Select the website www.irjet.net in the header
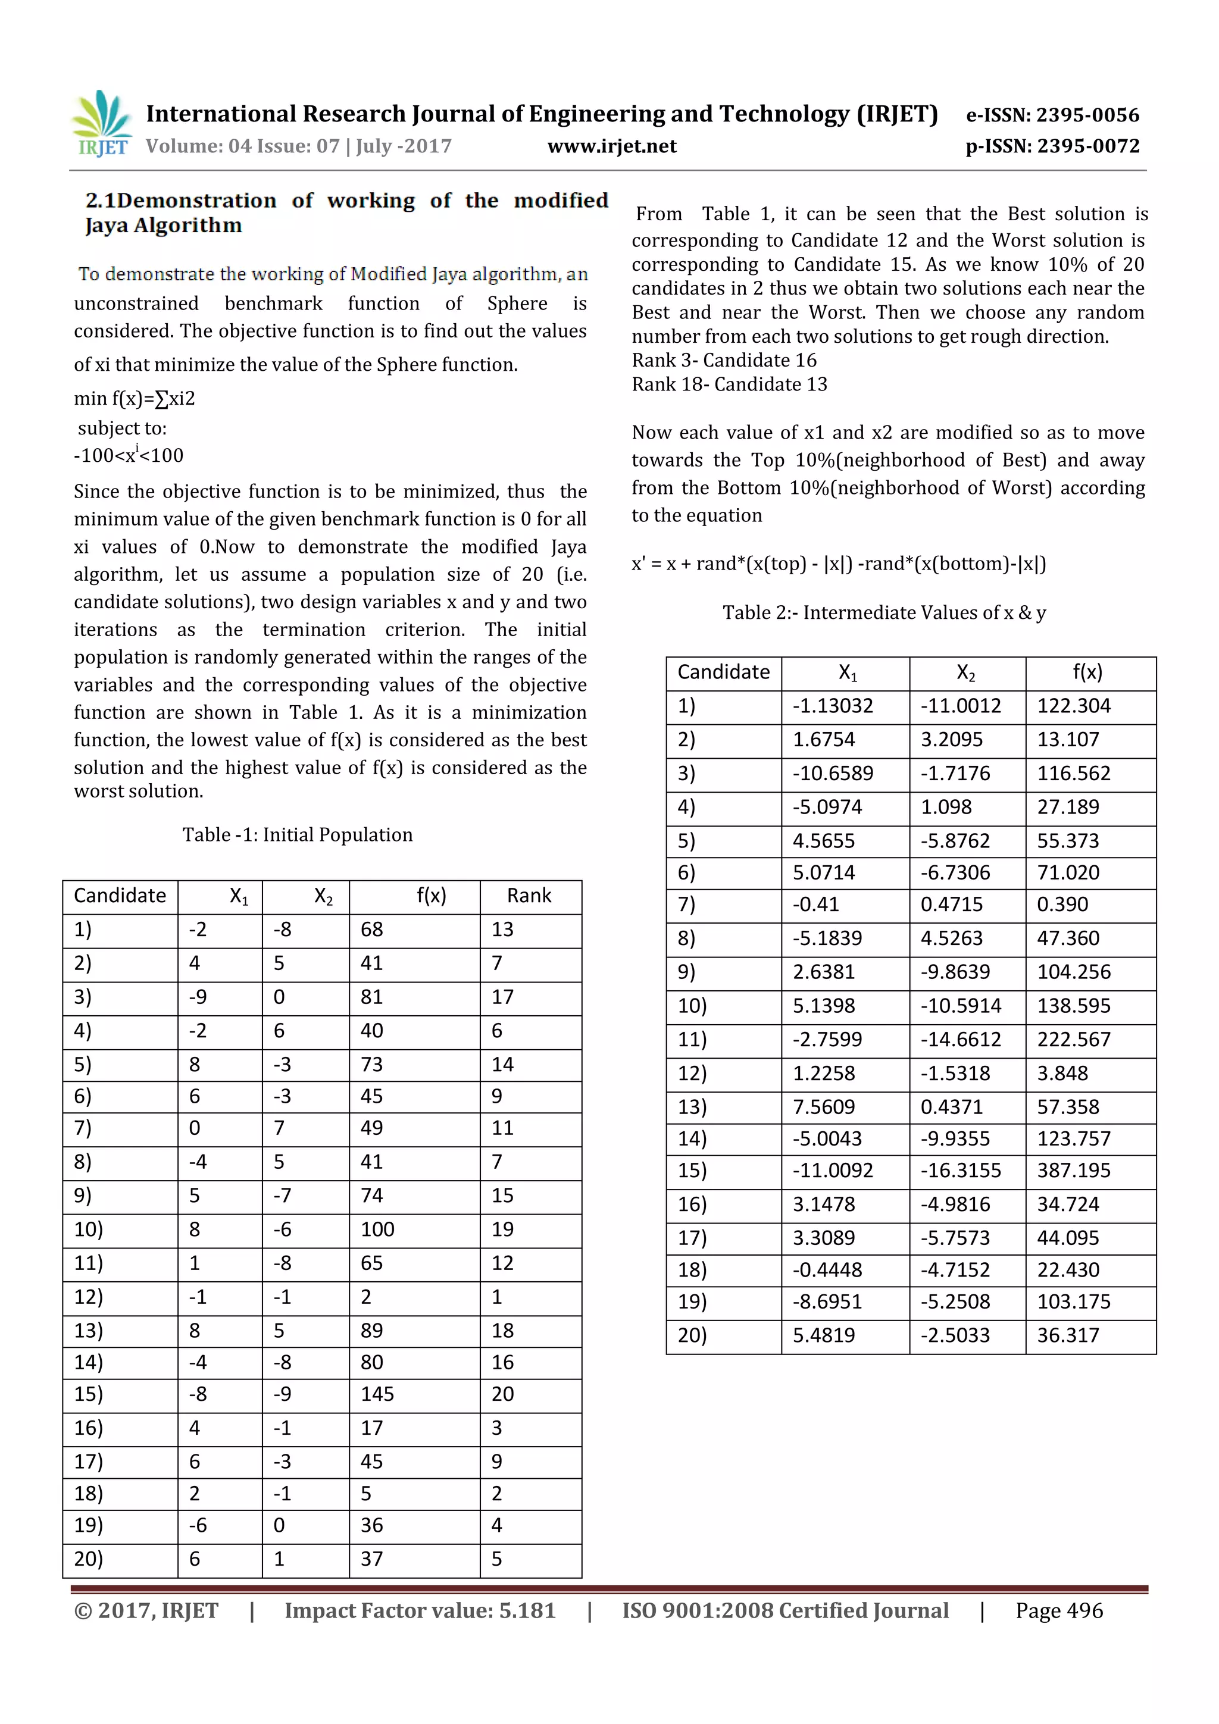pyautogui.click(x=611, y=146)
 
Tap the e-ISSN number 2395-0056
pyautogui.click(x=1087, y=115)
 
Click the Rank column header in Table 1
pyautogui.click(x=529, y=895)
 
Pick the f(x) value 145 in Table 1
pyautogui.click(x=377, y=1394)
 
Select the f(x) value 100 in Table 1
pyautogui.click(x=377, y=1229)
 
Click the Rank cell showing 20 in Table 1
pyautogui.click(x=502, y=1394)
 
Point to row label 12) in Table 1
pyautogui.click(x=89, y=1297)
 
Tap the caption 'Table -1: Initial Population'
pyautogui.click(x=298, y=835)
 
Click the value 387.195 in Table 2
pyautogui.click(x=1073, y=1171)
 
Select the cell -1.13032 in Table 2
pyautogui.click(x=833, y=706)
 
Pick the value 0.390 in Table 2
pyautogui.click(x=1062, y=904)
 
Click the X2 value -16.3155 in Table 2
pyautogui.click(x=961, y=1171)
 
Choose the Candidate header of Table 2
pyautogui.click(x=723, y=672)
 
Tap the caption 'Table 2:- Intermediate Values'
pyautogui.click(x=884, y=613)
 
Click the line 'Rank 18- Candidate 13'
pyautogui.click(x=729, y=384)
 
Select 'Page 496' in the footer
pyautogui.click(x=1058, y=1610)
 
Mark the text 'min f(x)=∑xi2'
pyautogui.click(x=135, y=398)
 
